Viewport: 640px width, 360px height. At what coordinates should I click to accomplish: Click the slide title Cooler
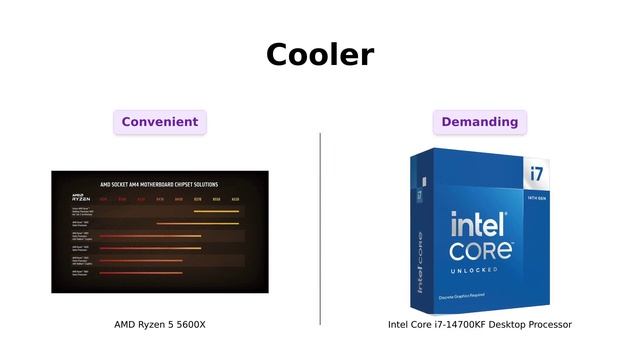point(320,54)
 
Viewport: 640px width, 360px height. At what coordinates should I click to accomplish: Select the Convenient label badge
point(160,122)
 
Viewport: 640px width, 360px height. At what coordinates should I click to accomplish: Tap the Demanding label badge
point(480,122)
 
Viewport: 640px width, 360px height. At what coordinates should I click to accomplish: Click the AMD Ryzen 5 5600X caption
point(160,324)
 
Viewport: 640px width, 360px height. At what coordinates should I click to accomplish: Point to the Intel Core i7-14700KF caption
point(480,324)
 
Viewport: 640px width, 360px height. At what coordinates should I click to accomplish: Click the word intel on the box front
point(482,225)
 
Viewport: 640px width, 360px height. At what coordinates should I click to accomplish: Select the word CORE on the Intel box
point(481,249)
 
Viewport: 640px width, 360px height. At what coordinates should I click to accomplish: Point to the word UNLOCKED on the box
point(481,269)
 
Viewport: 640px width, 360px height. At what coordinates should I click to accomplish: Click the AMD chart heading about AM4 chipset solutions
point(160,184)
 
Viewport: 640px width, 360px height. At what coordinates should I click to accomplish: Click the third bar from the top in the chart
point(150,237)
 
